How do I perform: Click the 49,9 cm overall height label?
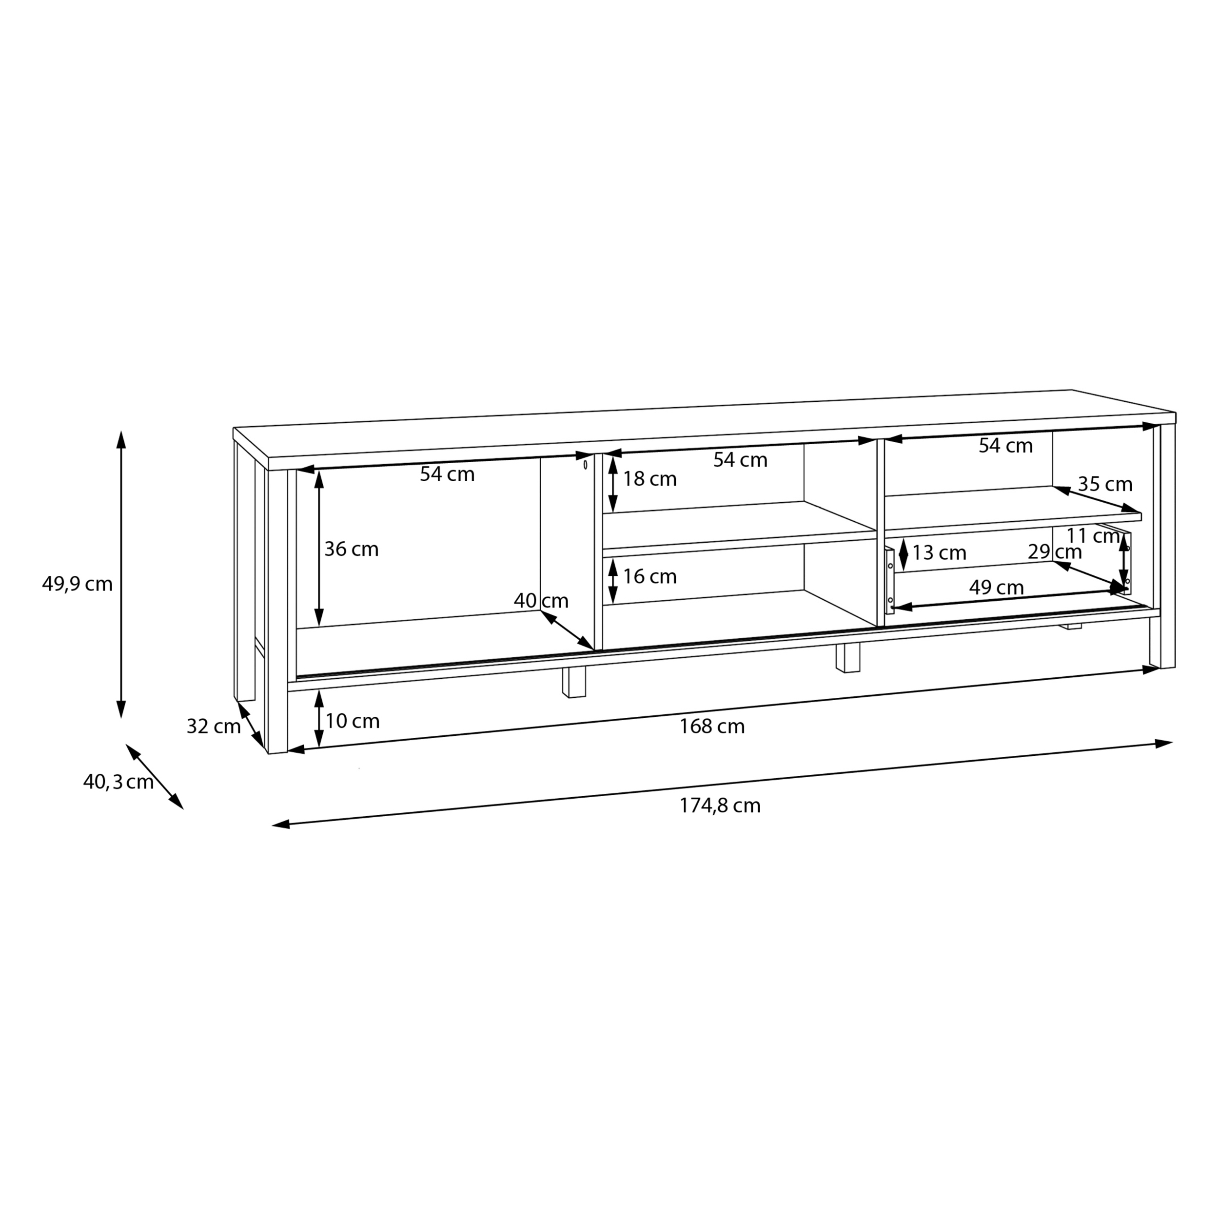click(x=77, y=584)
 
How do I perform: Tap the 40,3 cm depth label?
click(x=118, y=783)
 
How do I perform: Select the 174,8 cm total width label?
click(x=720, y=806)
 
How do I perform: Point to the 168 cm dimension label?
click(x=712, y=726)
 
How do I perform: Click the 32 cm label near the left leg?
click(x=213, y=726)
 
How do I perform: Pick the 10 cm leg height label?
click(x=353, y=721)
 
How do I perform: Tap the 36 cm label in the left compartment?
click(x=352, y=549)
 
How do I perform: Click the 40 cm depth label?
click(x=541, y=601)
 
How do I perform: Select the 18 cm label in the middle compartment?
click(x=650, y=479)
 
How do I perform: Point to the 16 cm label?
click(x=650, y=576)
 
